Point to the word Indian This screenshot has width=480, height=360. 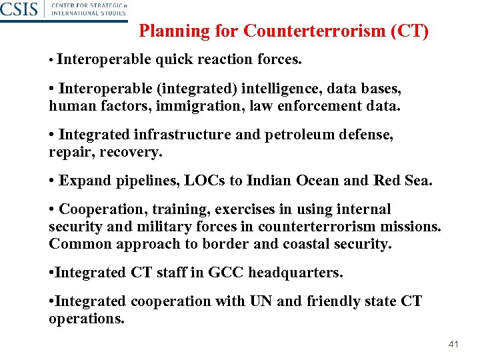269,181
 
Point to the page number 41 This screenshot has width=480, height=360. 454,345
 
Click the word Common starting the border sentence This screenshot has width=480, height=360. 80,243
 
